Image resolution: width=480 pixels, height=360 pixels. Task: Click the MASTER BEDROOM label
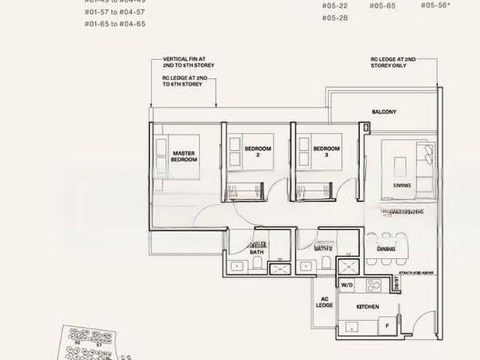(x=184, y=156)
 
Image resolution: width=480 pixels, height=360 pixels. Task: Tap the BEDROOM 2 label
(x=258, y=152)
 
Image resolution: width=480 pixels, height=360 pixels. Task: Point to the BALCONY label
(x=384, y=112)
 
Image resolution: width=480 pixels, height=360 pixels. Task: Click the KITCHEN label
(x=367, y=307)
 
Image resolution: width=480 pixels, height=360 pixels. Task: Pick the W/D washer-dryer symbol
(x=346, y=286)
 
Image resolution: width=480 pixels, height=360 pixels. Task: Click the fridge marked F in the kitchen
(x=386, y=326)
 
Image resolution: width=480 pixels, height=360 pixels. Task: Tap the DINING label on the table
(x=385, y=249)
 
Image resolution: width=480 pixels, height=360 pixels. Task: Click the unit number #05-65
(x=382, y=5)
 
